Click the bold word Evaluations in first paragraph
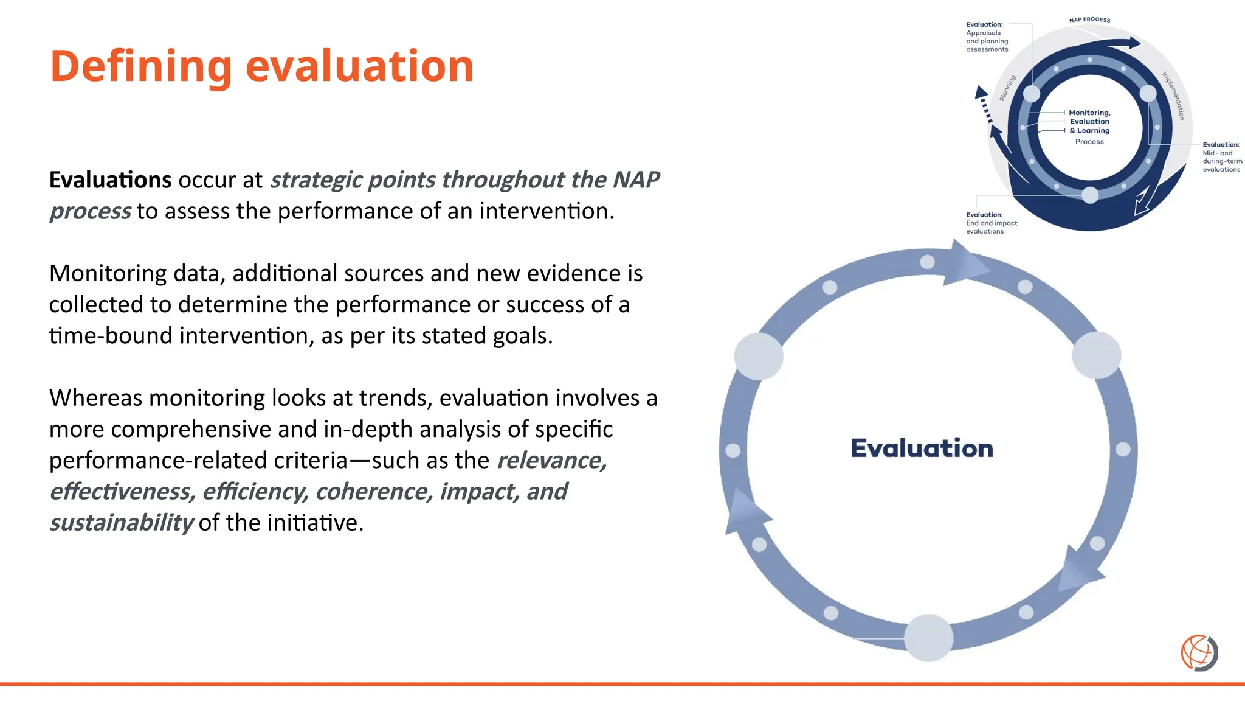[110, 180]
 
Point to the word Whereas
[96, 398]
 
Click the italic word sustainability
[121, 523]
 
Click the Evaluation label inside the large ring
[922, 448]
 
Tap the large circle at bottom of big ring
[928, 638]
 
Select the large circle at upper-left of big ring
[759, 357]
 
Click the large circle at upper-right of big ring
[1096, 355]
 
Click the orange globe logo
[1199, 653]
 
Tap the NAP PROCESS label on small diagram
[1089, 20]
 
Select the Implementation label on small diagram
[1173, 96]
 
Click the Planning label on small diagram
[1008, 88]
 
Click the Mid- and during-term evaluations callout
[1221, 158]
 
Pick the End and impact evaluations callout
[991, 223]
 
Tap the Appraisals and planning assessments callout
[987, 37]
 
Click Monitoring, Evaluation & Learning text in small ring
[1089, 122]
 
